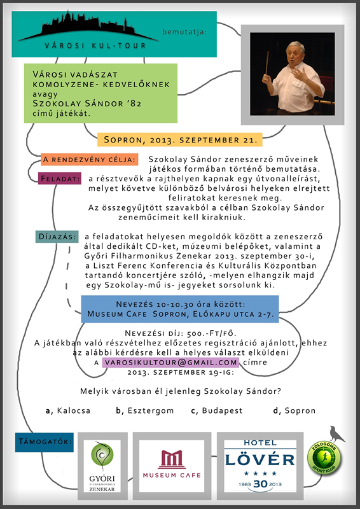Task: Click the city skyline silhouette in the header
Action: coord(88,27)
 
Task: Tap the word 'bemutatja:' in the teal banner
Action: coord(184,32)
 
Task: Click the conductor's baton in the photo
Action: coord(267,62)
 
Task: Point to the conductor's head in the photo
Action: coord(295,54)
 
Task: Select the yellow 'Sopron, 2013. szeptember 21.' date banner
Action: coord(180,140)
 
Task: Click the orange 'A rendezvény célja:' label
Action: coord(90,160)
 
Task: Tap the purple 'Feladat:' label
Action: coord(60,178)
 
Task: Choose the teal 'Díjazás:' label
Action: coord(57,237)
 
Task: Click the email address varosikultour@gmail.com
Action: coord(170,362)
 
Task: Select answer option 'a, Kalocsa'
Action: coord(68,410)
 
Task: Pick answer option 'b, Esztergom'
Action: coord(145,410)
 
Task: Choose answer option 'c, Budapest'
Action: coord(217,410)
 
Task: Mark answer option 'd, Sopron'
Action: coord(294,410)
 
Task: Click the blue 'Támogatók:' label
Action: coord(45,442)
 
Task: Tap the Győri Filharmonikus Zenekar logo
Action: coord(102,466)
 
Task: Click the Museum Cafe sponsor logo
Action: coord(172,466)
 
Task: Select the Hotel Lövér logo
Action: coord(260,466)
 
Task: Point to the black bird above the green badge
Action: coord(337,434)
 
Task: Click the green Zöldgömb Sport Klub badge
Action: coord(324,457)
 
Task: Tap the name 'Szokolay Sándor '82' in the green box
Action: coord(87,104)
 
